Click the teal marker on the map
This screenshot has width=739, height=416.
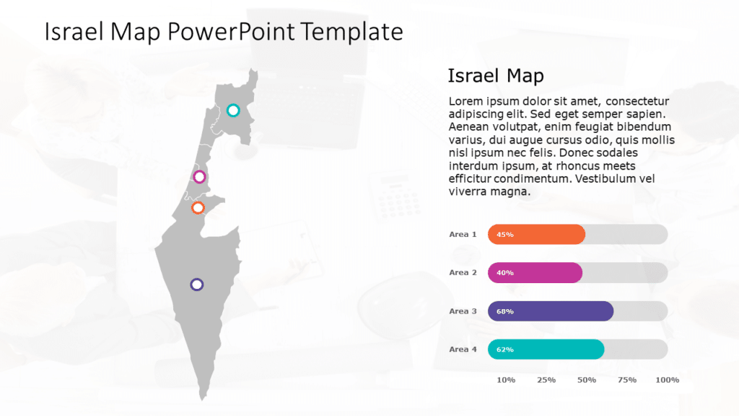[x=233, y=110]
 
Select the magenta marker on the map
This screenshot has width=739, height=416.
[x=200, y=177]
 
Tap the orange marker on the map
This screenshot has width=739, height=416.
[x=198, y=208]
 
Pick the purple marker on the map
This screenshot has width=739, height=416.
[x=196, y=285]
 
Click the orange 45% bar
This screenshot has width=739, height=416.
[x=536, y=234]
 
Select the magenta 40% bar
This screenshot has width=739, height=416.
[x=535, y=272]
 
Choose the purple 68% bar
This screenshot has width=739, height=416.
[x=551, y=311]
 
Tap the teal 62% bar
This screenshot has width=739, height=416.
[x=546, y=350]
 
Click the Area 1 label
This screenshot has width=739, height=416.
[x=463, y=234]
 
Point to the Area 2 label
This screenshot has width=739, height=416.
[x=463, y=272]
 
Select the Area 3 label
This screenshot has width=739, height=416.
[x=463, y=311]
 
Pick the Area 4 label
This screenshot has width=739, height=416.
[x=463, y=350]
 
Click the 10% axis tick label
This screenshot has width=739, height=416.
[x=506, y=380]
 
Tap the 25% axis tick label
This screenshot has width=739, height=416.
[x=546, y=380]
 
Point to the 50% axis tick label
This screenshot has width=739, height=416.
[x=587, y=380]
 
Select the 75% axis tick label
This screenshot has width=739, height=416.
[x=627, y=380]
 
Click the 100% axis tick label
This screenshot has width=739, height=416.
[x=668, y=380]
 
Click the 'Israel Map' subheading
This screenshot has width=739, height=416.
[x=495, y=76]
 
